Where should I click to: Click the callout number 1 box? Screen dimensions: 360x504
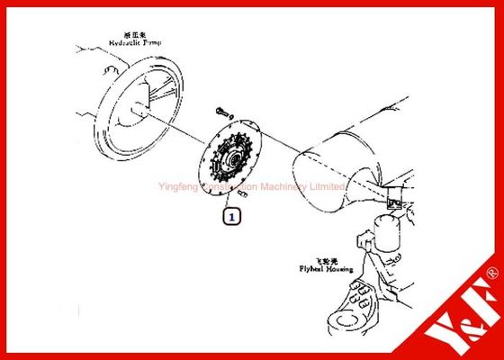231,216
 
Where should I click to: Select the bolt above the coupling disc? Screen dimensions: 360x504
222,112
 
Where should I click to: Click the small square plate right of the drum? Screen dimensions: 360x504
392,203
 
